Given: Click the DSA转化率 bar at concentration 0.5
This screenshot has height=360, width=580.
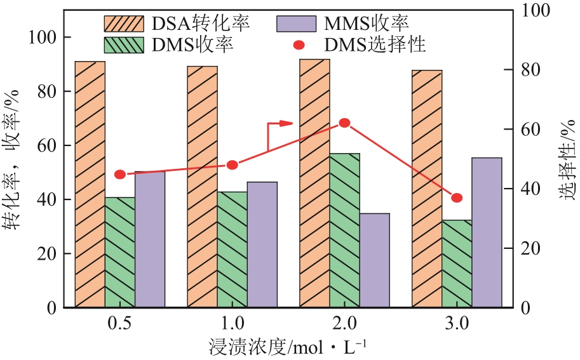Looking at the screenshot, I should point(90,184).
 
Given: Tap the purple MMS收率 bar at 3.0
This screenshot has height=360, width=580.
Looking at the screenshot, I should point(487,232).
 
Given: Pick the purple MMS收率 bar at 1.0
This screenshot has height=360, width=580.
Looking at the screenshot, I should point(262,244).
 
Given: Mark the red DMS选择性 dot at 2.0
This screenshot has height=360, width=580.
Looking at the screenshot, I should point(344,123).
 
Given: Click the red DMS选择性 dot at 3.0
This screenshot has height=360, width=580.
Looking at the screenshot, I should point(457,198).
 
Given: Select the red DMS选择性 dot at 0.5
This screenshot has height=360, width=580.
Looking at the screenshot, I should point(120,175).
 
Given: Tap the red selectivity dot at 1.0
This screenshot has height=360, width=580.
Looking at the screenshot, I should point(233,165).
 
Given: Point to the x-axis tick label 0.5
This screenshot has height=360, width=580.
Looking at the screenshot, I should point(120,324).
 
